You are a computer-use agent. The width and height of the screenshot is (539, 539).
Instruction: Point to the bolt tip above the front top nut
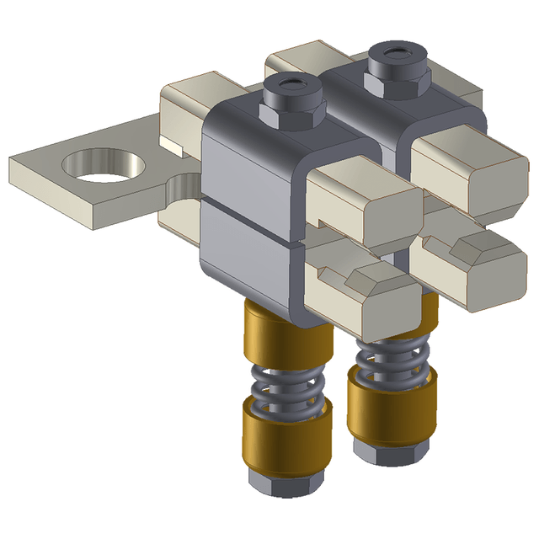[x=291, y=85]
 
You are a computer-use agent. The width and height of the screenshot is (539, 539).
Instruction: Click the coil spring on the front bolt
[x=287, y=383]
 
